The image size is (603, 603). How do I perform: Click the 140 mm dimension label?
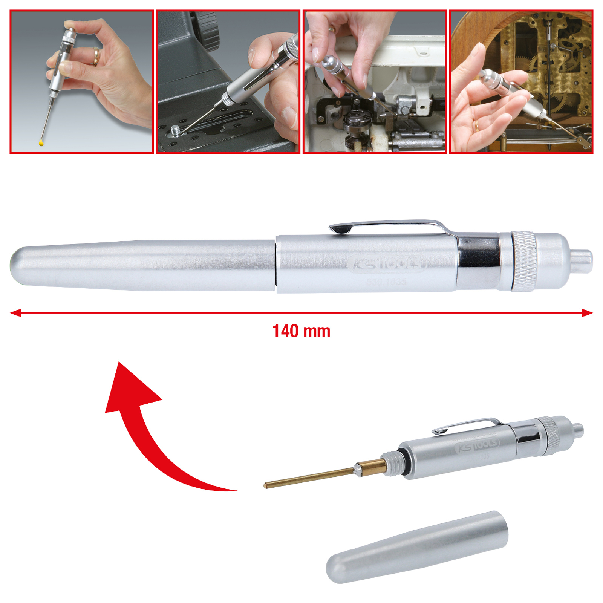pyautogui.click(x=301, y=331)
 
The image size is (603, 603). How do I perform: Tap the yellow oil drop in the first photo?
pyautogui.click(x=41, y=142)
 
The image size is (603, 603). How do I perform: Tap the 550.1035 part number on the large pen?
pyautogui.click(x=386, y=282)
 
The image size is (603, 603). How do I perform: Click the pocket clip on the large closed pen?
pyautogui.click(x=388, y=226)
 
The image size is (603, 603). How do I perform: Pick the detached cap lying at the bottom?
pyautogui.click(x=417, y=546)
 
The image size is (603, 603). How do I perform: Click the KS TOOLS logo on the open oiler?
pyautogui.click(x=478, y=446)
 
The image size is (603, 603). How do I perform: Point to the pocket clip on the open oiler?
pyautogui.click(x=467, y=424)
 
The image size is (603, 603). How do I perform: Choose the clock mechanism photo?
pyautogui.click(x=521, y=81)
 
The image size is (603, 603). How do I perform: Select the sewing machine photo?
pyautogui.click(x=375, y=81)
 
